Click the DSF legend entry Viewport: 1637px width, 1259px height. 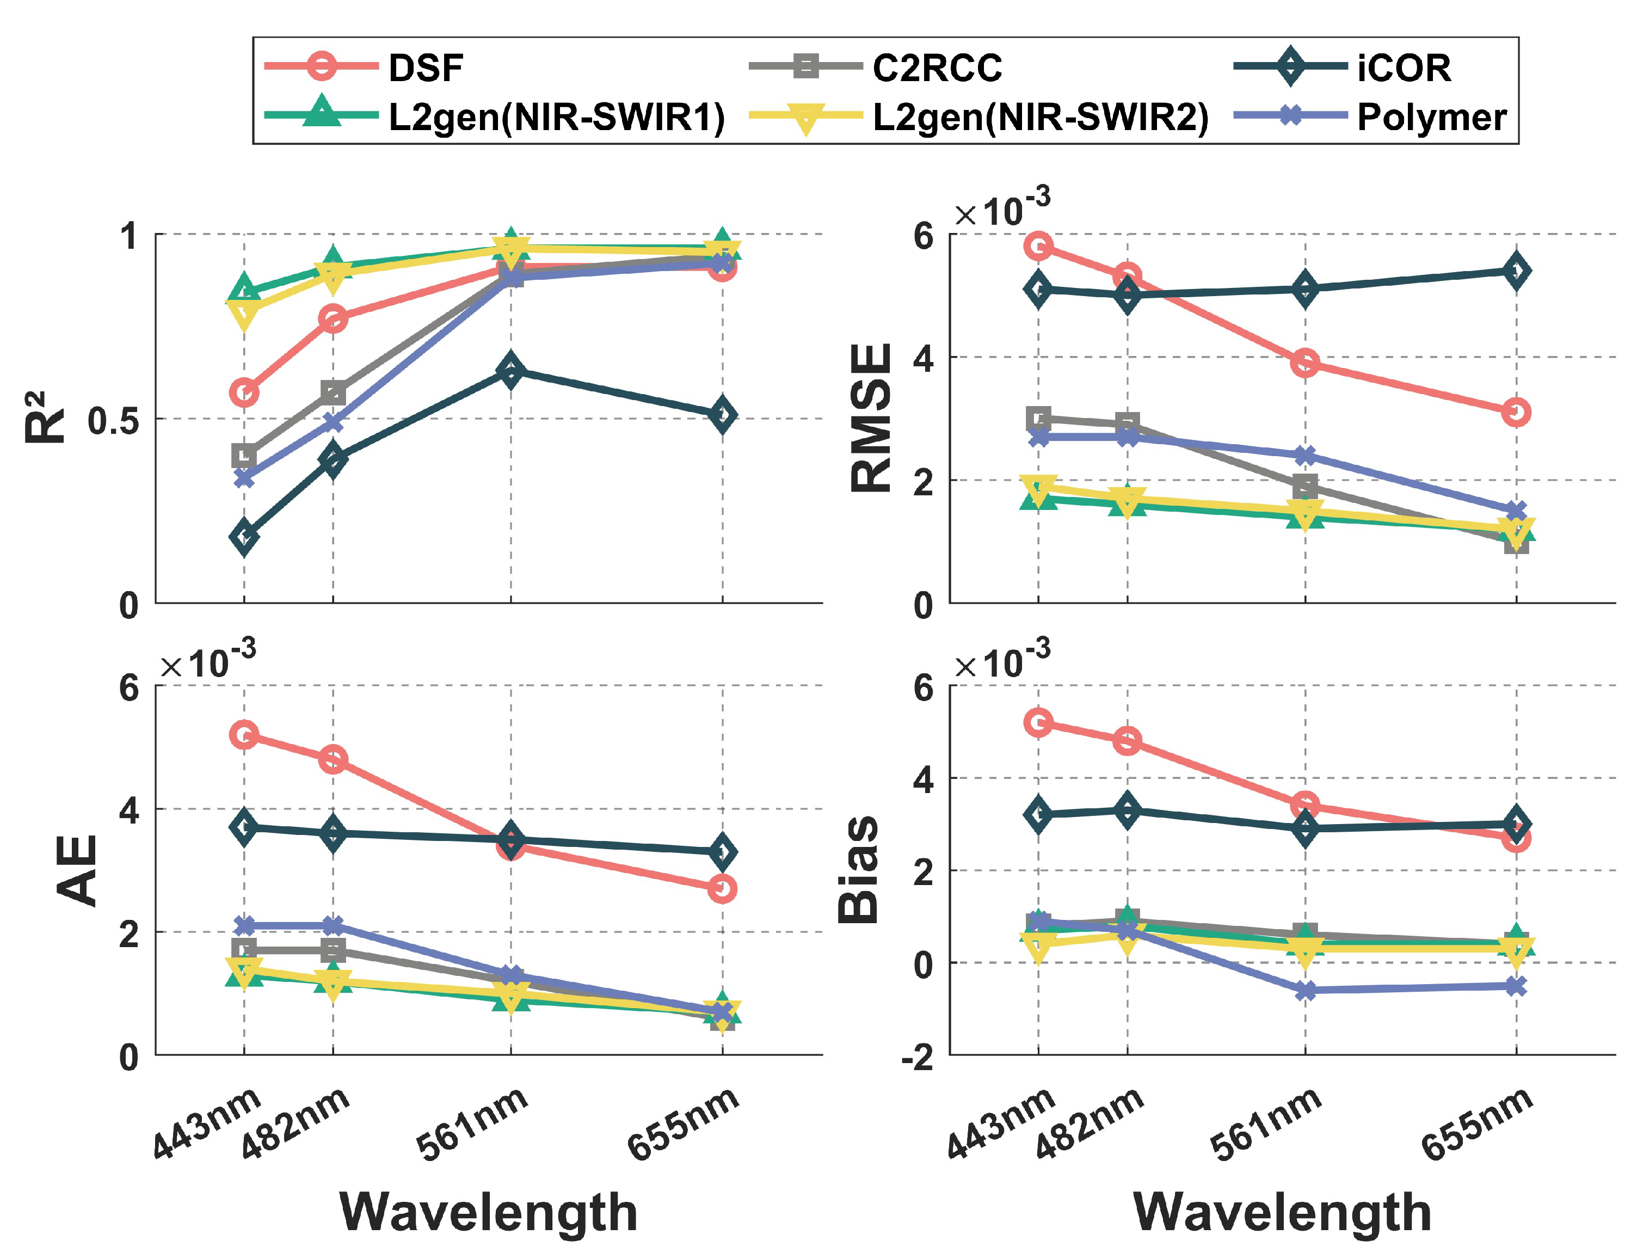[x=425, y=67]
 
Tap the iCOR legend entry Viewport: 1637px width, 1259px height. [x=1402, y=67]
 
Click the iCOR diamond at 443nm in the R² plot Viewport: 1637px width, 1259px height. [x=244, y=537]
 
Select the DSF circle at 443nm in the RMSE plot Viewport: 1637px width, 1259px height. [x=1038, y=245]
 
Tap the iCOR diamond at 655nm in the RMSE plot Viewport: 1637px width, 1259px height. [x=1516, y=271]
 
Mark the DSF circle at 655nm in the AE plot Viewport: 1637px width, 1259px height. [x=722, y=889]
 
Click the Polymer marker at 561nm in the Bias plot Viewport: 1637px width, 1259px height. [x=1305, y=990]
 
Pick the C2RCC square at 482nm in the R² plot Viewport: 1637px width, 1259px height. [x=333, y=392]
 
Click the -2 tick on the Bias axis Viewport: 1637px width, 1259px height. [x=917, y=1058]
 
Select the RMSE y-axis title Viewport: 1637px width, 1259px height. [x=872, y=417]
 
